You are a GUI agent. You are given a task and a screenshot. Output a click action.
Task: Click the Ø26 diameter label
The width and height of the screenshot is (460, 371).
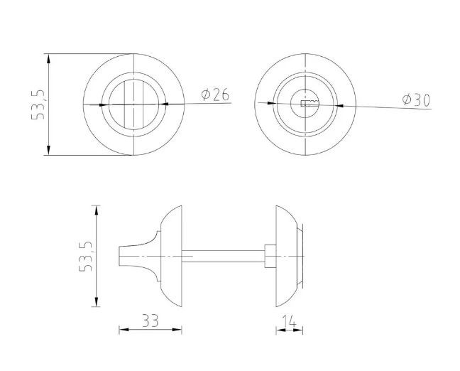click(x=215, y=95)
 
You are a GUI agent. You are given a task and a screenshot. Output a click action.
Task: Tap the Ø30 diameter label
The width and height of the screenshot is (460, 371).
click(x=415, y=100)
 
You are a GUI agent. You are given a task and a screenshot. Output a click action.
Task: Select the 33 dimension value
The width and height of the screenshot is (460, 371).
click(x=150, y=321)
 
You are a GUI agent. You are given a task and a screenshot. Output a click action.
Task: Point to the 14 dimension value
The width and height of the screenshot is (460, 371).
click(x=289, y=321)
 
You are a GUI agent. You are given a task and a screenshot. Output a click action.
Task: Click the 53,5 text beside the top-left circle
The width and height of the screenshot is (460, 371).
click(x=38, y=104)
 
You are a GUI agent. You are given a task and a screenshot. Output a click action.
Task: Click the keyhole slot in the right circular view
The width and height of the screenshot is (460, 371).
click(x=309, y=104)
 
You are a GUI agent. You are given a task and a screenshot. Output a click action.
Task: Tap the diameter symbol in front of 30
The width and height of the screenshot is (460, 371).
click(x=405, y=100)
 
